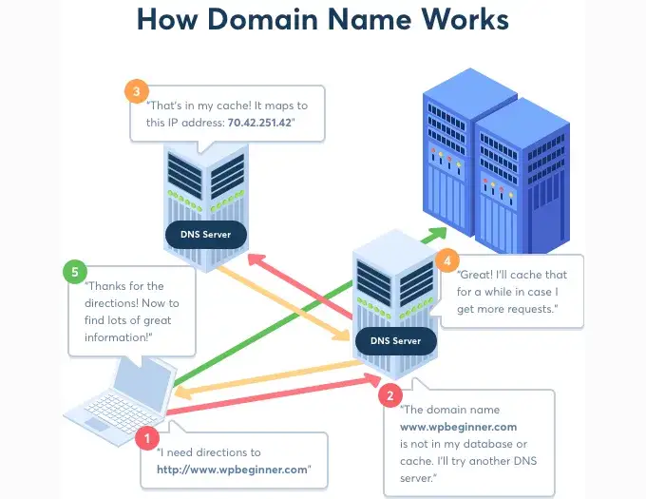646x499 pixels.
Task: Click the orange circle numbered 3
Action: point(138,91)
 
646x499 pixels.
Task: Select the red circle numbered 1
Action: point(147,438)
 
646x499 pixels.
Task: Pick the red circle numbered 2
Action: point(389,393)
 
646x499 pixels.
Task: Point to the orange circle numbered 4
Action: point(446,259)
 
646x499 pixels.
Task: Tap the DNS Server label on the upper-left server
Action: point(205,233)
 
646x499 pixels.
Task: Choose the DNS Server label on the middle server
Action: point(395,340)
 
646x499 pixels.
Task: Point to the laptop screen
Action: point(142,384)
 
